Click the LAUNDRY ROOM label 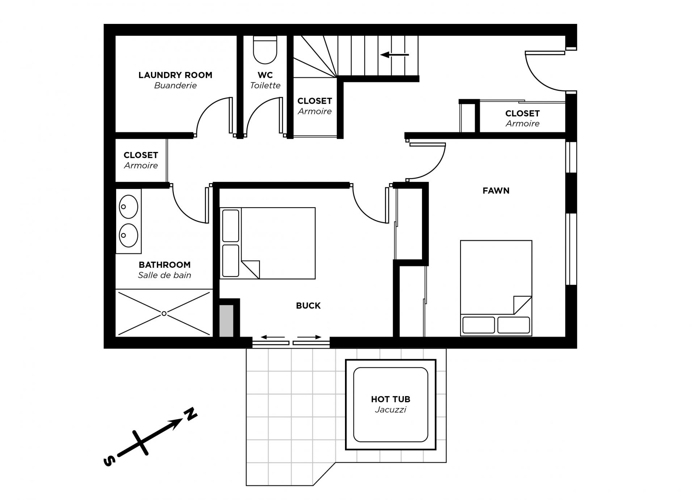pyautogui.click(x=175, y=75)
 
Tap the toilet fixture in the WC pyautogui.click(x=265, y=50)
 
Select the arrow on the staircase pyautogui.click(x=395, y=55)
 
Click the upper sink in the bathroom pyautogui.click(x=128, y=207)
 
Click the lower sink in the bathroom pyautogui.click(x=128, y=235)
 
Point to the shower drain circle pyautogui.click(x=164, y=314)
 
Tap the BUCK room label pyautogui.click(x=308, y=306)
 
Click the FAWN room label pyautogui.click(x=496, y=191)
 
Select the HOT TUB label pyautogui.click(x=391, y=399)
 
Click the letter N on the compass pyautogui.click(x=190, y=415)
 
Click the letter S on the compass pyautogui.click(x=109, y=461)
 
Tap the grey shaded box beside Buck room pyautogui.click(x=227, y=321)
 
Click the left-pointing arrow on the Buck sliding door pyautogui.click(x=273, y=337)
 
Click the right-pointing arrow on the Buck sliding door pyautogui.click(x=309, y=337)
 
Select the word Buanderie pyautogui.click(x=176, y=86)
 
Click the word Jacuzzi pyautogui.click(x=391, y=410)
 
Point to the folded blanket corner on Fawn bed pyautogui.click(x=523, y=305)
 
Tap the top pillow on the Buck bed pyautogui.click(x=231, y=225)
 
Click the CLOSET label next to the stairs pyautogui.click(x=315, y=101)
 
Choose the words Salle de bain pyautogui.click(x=164, y=275)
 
